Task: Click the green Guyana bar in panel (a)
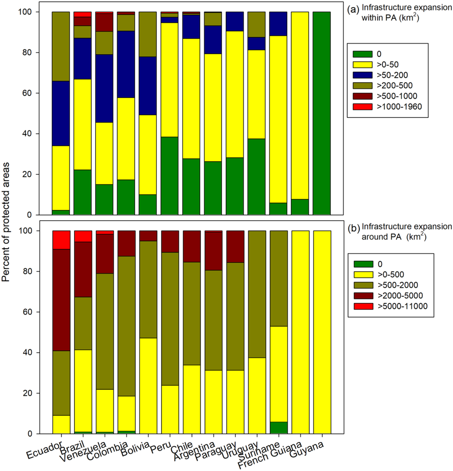click(321, 113)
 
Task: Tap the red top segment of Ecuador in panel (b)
click(61, 240)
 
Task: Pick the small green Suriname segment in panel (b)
click(278, 427)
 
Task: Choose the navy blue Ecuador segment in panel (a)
click(61, 113)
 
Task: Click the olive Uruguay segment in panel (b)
click(257, 294)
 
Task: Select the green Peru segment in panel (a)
click(169, 176)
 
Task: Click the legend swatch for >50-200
click(362, 75)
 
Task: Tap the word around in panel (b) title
click(375, 237)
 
